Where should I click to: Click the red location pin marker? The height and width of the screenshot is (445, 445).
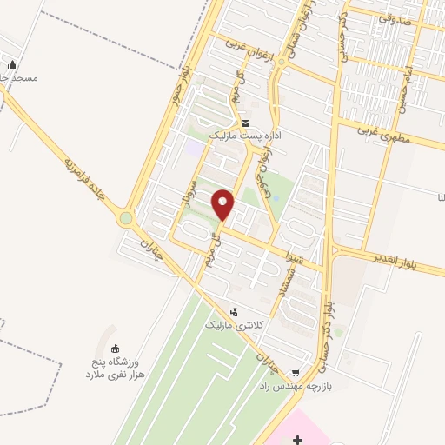(223, 205)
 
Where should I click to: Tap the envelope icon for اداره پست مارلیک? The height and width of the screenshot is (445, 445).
(246, 123)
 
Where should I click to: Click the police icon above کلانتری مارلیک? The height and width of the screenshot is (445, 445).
(233, 312)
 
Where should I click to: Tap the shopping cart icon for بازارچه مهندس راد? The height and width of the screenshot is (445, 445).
(297, 368)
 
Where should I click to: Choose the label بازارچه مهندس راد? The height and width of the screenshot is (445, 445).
(294, 382)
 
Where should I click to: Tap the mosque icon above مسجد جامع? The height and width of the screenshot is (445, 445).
(12, 65)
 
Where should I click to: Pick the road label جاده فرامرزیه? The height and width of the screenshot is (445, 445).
(85, 183)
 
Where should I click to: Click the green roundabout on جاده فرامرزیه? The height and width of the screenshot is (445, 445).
(128, 218)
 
